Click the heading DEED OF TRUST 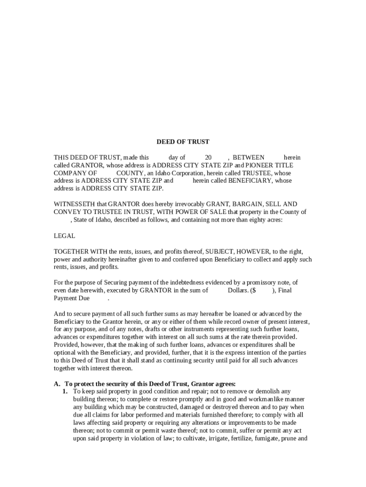point(183,142)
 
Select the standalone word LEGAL point(64,235)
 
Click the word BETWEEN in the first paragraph point(248,157)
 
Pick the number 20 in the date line point(208,157)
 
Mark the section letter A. point(57,384)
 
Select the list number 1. point(65,391)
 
